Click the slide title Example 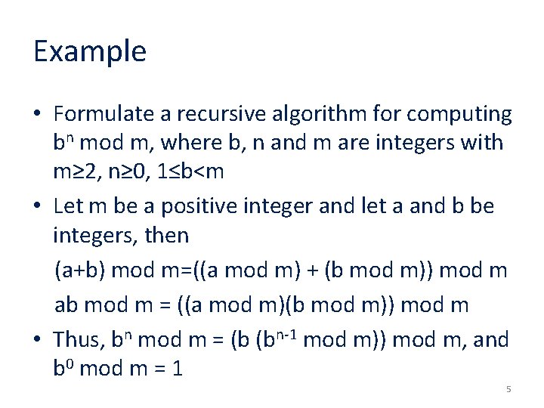click(89, 52)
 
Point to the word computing click(459, 115)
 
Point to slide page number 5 click(508, 389)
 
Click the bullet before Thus click(37, 341)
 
